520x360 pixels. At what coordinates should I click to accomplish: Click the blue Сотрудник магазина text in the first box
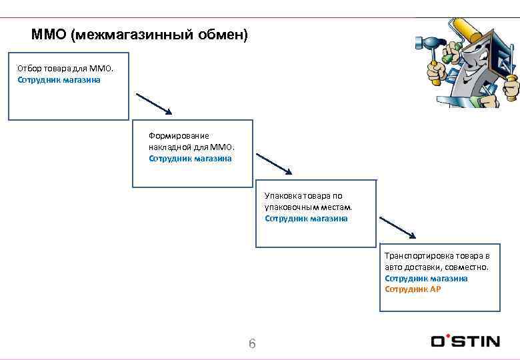point(59,80)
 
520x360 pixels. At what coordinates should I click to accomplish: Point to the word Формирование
point(179,135)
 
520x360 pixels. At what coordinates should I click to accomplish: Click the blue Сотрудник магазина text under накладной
point(190,159)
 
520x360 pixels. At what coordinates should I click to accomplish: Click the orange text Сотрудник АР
point(413,289)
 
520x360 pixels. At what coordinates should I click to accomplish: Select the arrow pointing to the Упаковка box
point(274,164)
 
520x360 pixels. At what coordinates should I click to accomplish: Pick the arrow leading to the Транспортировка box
point(397,227)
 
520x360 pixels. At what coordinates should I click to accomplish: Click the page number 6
point(252,344)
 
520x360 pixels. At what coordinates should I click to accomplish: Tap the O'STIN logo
point(465,341)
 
